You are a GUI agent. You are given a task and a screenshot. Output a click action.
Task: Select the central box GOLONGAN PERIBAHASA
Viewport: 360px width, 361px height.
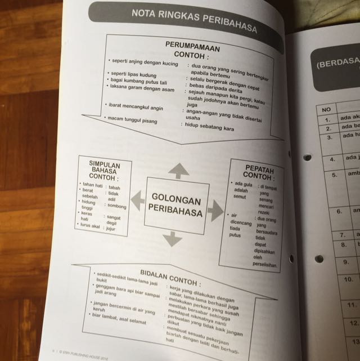177,201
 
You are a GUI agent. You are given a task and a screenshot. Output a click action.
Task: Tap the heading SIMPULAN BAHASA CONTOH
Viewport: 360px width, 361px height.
103,169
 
